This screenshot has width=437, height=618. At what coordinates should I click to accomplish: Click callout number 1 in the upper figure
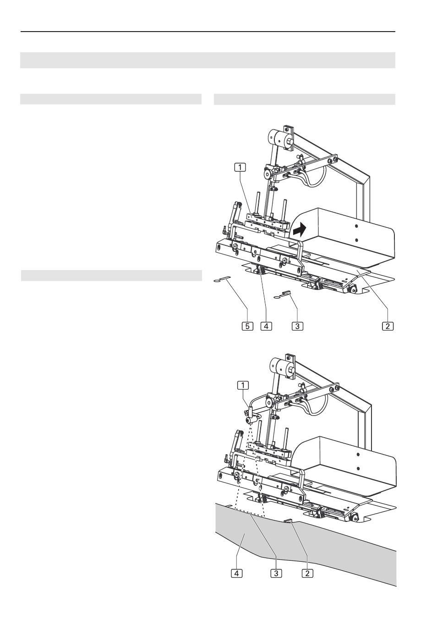(x=240, y=168)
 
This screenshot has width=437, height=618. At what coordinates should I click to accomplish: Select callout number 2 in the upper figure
(x=388, y=326)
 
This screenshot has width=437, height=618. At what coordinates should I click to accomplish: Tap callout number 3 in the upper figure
(x=297, y=326)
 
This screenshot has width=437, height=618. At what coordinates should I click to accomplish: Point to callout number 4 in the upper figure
(x=266, y=326)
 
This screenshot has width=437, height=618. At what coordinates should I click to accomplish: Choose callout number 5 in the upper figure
(x=247, y=326)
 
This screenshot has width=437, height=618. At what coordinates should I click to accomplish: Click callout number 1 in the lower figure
(x=243, y=385)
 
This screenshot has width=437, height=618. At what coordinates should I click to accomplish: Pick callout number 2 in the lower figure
(x=307, y=573)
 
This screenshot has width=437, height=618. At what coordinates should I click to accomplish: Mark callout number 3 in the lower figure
(x=276, y=573)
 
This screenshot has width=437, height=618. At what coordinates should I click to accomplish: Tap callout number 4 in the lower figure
(x=236, y=573)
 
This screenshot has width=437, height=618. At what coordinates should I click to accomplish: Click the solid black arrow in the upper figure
(x=300, y=229)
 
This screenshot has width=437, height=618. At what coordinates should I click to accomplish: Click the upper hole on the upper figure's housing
(x=356, y=226)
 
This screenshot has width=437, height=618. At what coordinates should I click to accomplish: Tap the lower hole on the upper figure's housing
(x=356, y=240)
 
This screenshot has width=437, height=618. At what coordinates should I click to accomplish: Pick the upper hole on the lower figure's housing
(x=358, y=455)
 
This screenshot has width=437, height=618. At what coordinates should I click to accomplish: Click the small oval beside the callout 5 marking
(x=217, y=281)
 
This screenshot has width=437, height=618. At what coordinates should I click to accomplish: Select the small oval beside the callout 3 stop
(x=276, y=298)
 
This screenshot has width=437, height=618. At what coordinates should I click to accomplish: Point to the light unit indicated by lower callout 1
(x=251, y=417)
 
